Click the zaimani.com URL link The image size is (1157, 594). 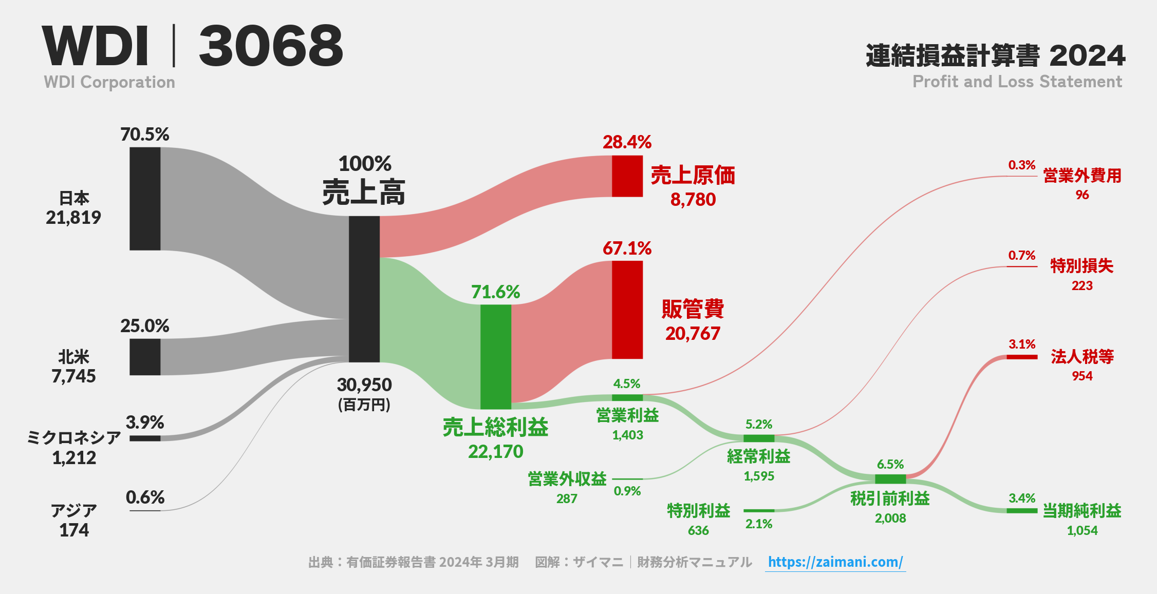835,562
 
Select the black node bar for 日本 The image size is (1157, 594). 145,199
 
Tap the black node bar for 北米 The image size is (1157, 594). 145,357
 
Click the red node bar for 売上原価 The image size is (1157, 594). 627,176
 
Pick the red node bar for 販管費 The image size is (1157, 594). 627,310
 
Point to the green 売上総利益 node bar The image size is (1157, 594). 496,357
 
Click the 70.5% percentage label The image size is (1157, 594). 145,135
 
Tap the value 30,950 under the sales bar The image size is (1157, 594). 364,385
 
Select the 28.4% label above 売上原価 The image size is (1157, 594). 627,142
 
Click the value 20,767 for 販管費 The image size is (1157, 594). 693,334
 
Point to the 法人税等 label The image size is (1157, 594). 1082,356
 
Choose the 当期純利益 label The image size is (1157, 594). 1082,511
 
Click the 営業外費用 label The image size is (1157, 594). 1082,176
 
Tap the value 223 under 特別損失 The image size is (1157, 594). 1082,285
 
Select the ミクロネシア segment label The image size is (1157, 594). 74,437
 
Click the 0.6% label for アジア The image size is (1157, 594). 145,497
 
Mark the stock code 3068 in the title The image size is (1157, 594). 271,46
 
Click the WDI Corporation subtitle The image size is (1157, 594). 109,82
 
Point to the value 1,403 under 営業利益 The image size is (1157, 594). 627,435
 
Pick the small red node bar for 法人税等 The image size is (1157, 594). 1022,357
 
